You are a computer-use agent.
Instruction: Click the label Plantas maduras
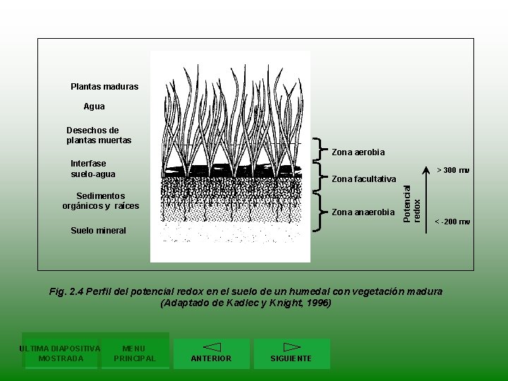click(x=104, y=87)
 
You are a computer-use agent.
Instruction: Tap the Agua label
click(x=94, y=107)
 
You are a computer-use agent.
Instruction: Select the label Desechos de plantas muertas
click(x=99, y=135)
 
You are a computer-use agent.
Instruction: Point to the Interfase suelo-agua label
click(x=93, y=169)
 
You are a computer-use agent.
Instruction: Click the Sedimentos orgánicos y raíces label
click(x=101, y=201)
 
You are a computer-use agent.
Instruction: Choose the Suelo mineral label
click(x=99, y=231)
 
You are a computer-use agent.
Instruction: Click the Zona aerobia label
click(x=358, y=152)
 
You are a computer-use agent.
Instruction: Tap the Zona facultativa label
click(x=364, y=179)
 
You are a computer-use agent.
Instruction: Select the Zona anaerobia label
click(x=363, y=212)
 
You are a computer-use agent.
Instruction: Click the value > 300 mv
click(x=454, y=170)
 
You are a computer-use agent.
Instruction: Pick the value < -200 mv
click(x=452, y=222)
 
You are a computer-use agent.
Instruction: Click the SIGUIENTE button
click(x=291, y=353)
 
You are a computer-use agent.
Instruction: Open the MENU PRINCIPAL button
click(x=134, y=353)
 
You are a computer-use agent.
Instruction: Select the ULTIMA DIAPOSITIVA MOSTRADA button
click(x=61, y=353)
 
